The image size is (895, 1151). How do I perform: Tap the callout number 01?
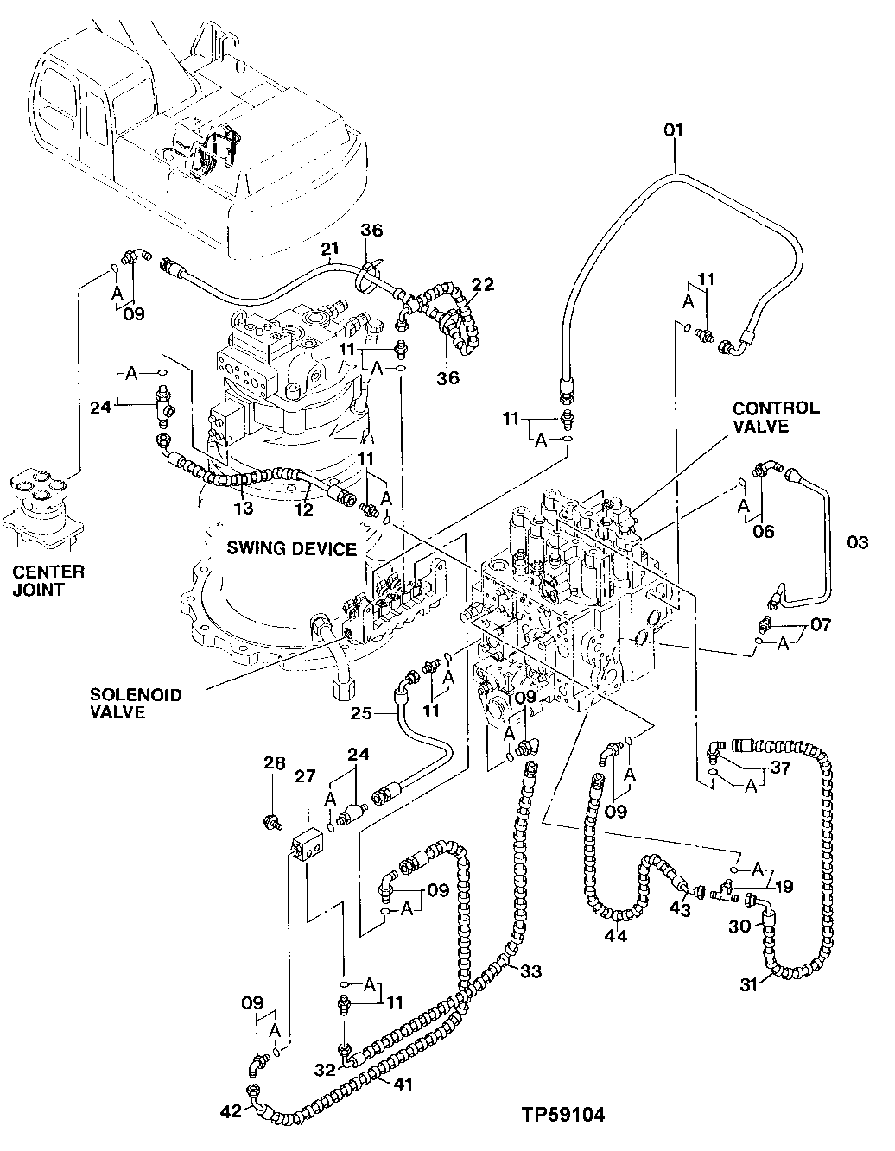pos(674,130)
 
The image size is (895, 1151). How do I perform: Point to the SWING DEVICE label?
pos(292,548)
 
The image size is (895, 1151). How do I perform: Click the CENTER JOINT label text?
pos(48,579)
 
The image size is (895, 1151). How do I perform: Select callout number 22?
pos(483,286)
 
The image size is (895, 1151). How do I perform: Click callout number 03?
pos(856,542)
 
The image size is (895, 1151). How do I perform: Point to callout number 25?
pos(362,712)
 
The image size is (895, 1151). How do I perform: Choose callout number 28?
pos(274,763)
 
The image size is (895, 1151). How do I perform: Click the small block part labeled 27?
pos(308,841)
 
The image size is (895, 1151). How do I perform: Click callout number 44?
pos(616,935)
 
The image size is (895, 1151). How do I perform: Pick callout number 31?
pos(753,983)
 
